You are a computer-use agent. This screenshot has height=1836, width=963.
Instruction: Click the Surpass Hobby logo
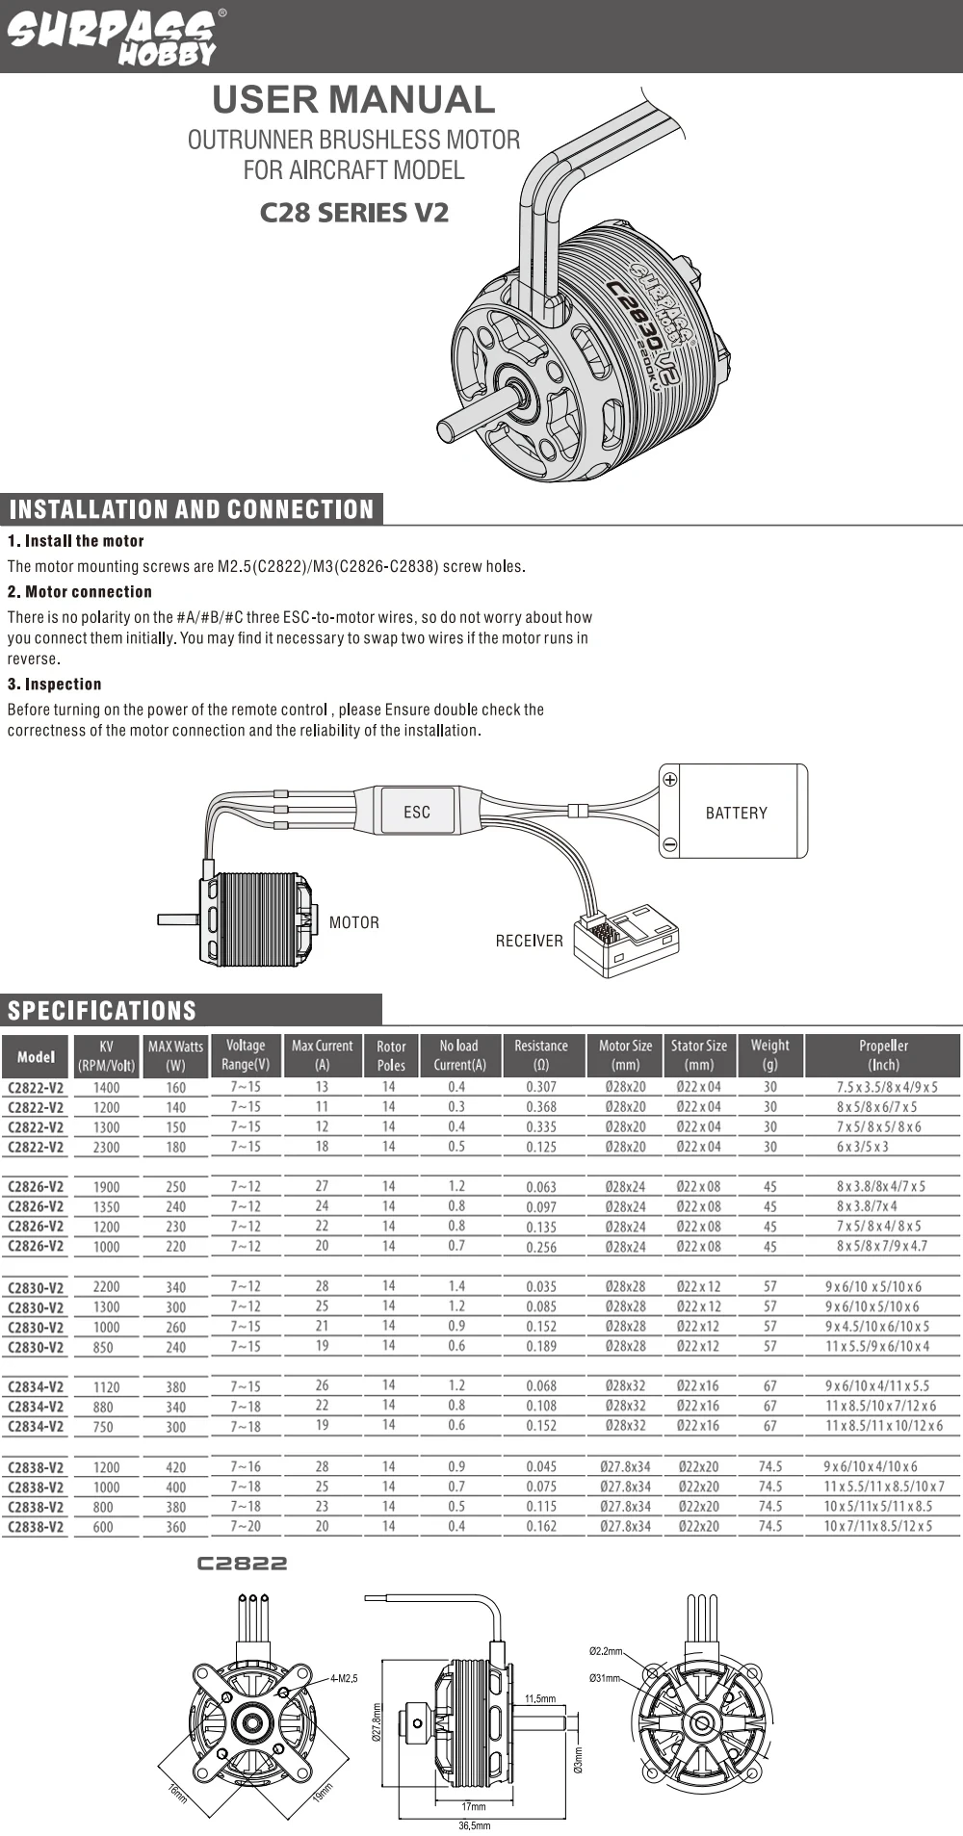[114, 37]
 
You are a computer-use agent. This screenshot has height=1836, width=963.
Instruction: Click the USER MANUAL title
[353, 100]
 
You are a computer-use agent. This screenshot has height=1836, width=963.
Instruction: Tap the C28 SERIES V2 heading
[353, 213]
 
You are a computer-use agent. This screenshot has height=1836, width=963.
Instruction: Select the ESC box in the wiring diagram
[417, 812]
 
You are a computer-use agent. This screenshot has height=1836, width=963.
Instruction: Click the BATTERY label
[736, 813]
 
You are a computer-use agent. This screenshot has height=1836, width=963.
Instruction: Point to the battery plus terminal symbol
[670, 780]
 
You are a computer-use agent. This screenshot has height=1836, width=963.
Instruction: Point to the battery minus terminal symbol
[670, 845]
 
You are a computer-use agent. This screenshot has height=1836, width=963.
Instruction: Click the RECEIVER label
[529, 941]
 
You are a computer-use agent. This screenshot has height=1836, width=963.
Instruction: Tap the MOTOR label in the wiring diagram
[353, 922]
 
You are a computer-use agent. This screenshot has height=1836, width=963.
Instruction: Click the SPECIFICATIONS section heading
[102, 1010]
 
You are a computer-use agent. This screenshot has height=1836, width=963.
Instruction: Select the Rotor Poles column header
[391, 1055]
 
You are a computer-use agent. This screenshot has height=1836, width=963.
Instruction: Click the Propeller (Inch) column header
[883, 1055]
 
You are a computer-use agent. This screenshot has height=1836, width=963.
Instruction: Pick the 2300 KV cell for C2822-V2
[106, 1147]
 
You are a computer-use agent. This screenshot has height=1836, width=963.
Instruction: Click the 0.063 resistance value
[541, 1187]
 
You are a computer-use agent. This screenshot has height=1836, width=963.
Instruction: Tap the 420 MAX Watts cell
[175, 1467]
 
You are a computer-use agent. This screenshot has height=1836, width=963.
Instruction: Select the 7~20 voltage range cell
[246, 1526]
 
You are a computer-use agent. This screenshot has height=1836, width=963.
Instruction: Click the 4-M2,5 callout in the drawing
[344, 1678]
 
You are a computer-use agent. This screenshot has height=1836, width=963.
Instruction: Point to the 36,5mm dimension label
[475, 1825]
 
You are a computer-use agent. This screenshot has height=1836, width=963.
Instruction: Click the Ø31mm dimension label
[606, 1678]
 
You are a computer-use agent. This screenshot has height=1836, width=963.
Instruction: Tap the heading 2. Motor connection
[80, 592]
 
